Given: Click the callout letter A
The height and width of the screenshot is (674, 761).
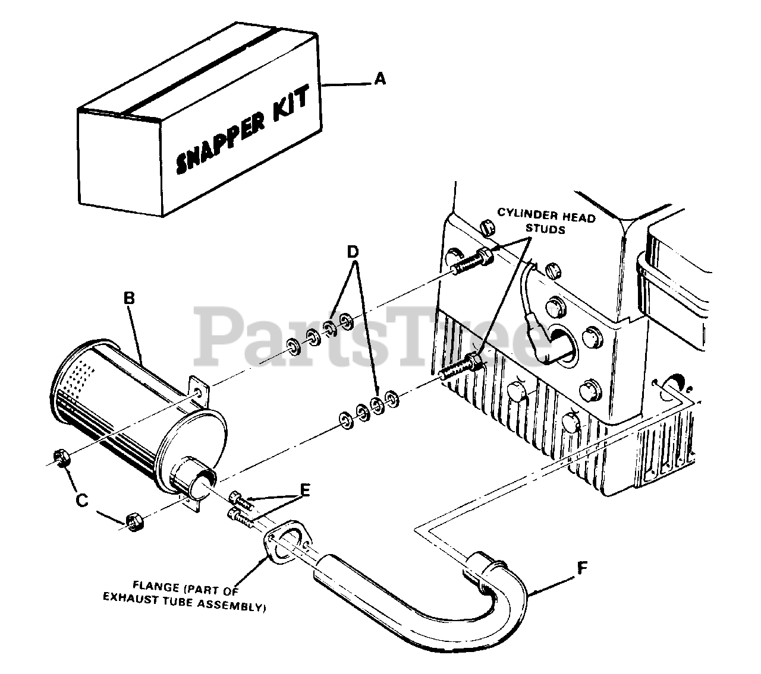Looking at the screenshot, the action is (x=380, y=78).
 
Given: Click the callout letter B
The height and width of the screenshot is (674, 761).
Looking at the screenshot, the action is (x=129, y=299).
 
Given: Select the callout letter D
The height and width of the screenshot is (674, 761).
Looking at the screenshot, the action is (x=353, y=252).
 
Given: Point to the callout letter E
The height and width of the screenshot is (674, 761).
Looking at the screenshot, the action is (x=305, y=490).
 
